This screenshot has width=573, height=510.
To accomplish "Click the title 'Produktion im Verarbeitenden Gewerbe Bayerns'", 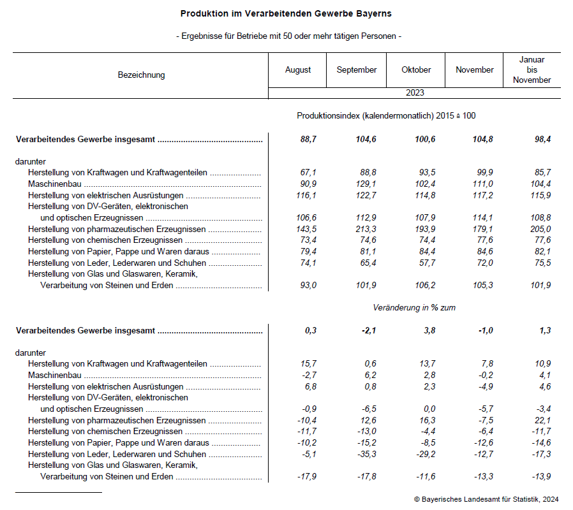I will (286, 13).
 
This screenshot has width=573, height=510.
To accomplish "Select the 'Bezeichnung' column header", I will (141, 75).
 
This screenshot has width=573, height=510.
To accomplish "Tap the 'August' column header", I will (298, 70).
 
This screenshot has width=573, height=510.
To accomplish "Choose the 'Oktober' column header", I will (416, 70).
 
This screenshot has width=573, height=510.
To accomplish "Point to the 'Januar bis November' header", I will (532, 70).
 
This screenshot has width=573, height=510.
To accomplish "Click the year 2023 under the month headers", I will (415, 93).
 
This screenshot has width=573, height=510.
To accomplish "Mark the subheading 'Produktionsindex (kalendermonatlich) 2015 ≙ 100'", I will (386, 116).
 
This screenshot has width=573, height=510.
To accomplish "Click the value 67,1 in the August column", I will (308, 173).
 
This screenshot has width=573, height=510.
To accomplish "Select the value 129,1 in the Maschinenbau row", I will (366, 184).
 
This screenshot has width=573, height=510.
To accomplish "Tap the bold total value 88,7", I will (308, 140).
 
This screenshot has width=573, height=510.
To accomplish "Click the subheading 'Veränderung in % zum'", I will (414, 308).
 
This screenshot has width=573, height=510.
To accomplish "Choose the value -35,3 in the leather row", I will (366, 455).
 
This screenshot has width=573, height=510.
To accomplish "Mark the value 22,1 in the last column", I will (543, 421).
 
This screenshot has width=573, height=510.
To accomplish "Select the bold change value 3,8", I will (429, 331).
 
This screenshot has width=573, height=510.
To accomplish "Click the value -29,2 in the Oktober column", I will (424, 455).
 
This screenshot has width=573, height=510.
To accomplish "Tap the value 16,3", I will (427, 421).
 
